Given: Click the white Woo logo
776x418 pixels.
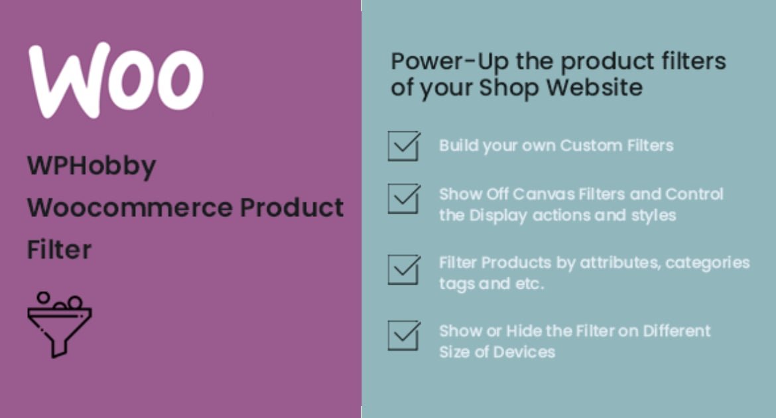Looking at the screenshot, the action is (x=116, y=80).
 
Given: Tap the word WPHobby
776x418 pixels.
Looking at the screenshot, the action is (x=92, y=167).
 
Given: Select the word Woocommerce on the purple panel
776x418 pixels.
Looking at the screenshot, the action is (x=129, y=208).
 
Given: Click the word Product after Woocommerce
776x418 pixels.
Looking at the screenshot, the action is (x=291, y=207).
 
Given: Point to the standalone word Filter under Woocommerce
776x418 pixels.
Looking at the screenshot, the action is (x=60, y=249).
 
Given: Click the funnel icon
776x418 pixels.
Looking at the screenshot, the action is (x=60, y=324).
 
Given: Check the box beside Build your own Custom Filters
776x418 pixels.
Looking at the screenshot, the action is (x=404, y=145).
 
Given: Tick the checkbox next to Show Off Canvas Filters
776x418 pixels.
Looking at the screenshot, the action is (x=404, y=198).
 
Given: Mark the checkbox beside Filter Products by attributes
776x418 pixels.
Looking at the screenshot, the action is (x=404, y=269).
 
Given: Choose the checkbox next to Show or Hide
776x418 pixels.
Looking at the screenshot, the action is (x=404, y=335).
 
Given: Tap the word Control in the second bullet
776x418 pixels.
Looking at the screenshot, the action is (x=694, y=194).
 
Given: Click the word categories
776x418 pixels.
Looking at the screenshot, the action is (x=708, y=263).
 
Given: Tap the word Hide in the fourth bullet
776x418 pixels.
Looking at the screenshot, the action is (x=523, y=331).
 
